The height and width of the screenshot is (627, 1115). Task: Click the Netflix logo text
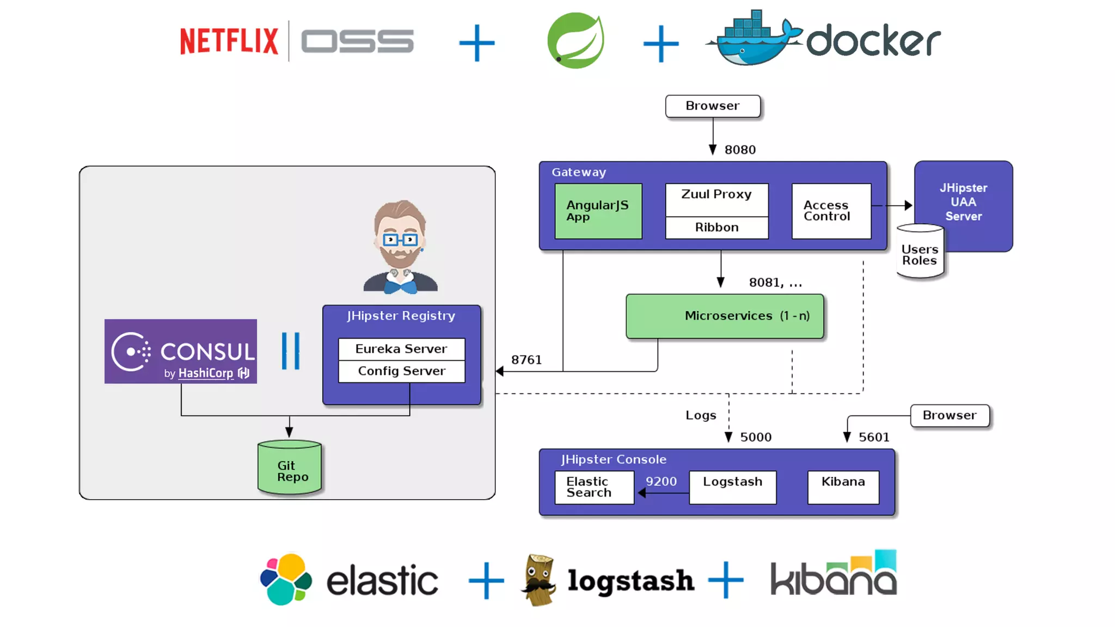coord(229,41)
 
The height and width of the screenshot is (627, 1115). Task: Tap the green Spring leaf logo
coord(575,41)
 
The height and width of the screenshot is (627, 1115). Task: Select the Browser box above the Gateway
coord(713,106)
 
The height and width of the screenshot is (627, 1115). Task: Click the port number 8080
coord(740,150)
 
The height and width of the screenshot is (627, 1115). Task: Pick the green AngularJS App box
coord(598,211)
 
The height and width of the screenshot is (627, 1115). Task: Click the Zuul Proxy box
coord(716,199)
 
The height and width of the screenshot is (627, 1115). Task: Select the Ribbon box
coord(716,228)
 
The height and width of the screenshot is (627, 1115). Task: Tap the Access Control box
coord(831,211)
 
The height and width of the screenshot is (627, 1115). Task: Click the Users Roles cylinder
coord(920,254)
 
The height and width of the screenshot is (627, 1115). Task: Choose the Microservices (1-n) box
coord(725,316)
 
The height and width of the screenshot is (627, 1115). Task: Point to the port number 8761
coord(526,360)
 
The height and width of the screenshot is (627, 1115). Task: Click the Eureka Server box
coord(401,349)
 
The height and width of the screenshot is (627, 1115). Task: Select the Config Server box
coord(401,371)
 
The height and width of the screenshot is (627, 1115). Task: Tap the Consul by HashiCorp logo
coord(181,352)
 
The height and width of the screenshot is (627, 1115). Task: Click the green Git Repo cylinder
coord(290,469)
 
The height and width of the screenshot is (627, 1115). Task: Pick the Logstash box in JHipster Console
coord(732,487)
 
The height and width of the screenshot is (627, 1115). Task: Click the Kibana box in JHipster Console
coord(843,487)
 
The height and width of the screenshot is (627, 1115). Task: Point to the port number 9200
coord(661,482)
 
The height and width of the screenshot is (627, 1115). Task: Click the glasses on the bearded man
coord(400,239)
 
